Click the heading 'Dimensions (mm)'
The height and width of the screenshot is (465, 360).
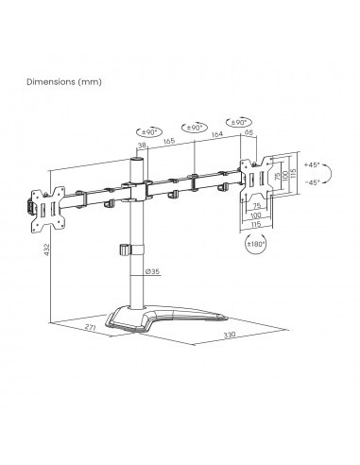[x=64, y=82]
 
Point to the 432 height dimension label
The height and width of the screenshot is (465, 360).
[x=47, y=250]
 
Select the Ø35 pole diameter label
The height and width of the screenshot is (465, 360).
[x=152, y=271]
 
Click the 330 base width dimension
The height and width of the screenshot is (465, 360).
[x=230, y=335]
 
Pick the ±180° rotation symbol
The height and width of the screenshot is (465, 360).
[x=256, y=244]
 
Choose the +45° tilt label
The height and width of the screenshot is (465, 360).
[x=312, y=164]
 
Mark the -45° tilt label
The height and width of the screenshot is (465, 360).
[x=313, y=181]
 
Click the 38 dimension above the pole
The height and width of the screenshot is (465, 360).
[x=142, y=146]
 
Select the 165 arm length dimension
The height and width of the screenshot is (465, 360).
[x=169, y=141]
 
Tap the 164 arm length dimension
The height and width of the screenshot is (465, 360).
[x=216, y=134]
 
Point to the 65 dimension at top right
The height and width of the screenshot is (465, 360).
[x=249, y=132]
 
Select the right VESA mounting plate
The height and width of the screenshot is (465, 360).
[x=256, y=179]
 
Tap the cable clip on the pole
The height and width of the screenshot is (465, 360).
[x=131, y=250]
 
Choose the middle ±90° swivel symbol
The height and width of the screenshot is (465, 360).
[x=195, y=128]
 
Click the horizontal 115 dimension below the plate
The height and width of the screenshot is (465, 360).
[x=256, y=224]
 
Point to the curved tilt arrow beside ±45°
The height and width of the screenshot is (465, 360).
[x=330, y=173]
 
